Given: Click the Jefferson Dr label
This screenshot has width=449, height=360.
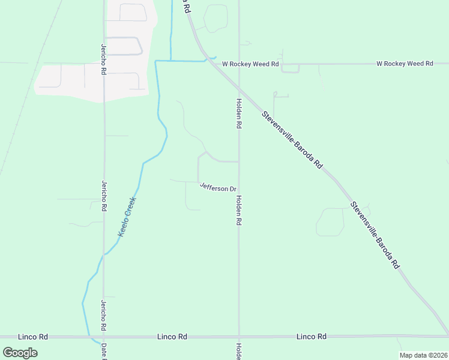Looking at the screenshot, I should [218, 188].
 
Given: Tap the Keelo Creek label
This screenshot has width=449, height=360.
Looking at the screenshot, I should [127, 217].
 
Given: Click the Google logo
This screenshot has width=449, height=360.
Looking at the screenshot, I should [20, 353].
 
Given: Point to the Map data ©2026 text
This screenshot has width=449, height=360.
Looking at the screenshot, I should [423, 355].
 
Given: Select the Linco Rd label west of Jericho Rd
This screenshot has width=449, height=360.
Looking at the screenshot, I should [33, 337].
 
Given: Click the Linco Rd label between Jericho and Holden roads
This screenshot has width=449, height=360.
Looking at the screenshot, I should [172, 337].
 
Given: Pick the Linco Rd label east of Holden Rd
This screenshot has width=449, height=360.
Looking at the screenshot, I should [312, 337].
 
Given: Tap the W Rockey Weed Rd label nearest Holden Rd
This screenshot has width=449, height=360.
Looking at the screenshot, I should [251, 64].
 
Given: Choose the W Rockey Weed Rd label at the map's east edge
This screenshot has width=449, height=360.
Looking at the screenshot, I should [405, 64].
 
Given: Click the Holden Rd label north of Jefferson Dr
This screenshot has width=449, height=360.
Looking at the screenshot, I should [239, 114].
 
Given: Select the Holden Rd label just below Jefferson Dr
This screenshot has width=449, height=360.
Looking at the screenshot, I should [239, 211].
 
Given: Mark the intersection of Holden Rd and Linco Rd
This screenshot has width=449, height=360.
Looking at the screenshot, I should [239, 336].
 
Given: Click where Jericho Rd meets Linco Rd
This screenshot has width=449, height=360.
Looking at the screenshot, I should [104, 336].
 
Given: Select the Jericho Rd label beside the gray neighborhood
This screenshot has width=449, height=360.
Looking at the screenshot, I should [104, 61].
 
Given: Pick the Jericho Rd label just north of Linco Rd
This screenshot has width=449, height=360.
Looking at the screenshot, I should [104, 315].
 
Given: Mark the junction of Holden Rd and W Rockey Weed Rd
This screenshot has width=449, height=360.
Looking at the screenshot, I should [239, 64].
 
